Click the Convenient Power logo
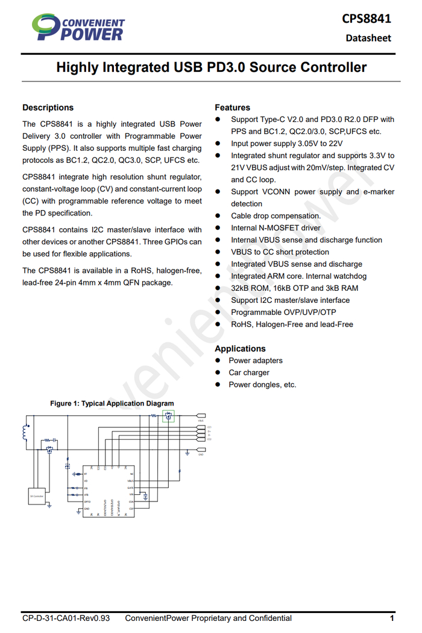(x=78, y=27)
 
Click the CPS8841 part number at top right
(x=367, y=18)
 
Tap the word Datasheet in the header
(x=368, y=38)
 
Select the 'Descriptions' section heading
(x=48, y=107)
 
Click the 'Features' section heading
(x=232, y=107)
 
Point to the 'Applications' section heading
(x=240, y=349)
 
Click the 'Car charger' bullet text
(x=249, y=373)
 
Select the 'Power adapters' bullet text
(x=256, y=361)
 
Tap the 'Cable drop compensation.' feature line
(x=276, y=216)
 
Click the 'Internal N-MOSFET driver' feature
(x=276, y=228)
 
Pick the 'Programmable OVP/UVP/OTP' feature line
(x=283, y=313)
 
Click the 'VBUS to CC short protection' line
(x=280, y=252)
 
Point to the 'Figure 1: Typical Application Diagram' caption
(x=112, y=404)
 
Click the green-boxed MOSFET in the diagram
(x=169, y=416)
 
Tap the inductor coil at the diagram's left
(x=25, y=433)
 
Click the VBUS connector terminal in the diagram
(x=200, y=416)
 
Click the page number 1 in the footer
(x=392, y=618)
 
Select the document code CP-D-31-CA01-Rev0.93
(x=66, y=618)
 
